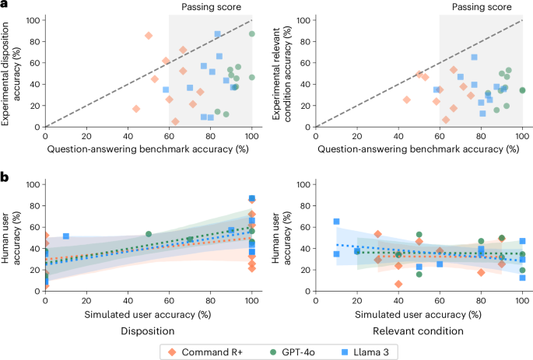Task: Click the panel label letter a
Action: point(5,6)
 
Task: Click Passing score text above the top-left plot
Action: point(199,7)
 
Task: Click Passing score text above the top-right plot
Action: point(470,7)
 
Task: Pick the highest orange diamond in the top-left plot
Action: point(149,36)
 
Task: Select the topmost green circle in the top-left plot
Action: point(252,34)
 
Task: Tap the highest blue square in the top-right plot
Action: point(474,58)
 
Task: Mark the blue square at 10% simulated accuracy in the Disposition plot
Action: point(66,236)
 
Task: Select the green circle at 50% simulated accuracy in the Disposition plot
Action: point(149,234)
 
